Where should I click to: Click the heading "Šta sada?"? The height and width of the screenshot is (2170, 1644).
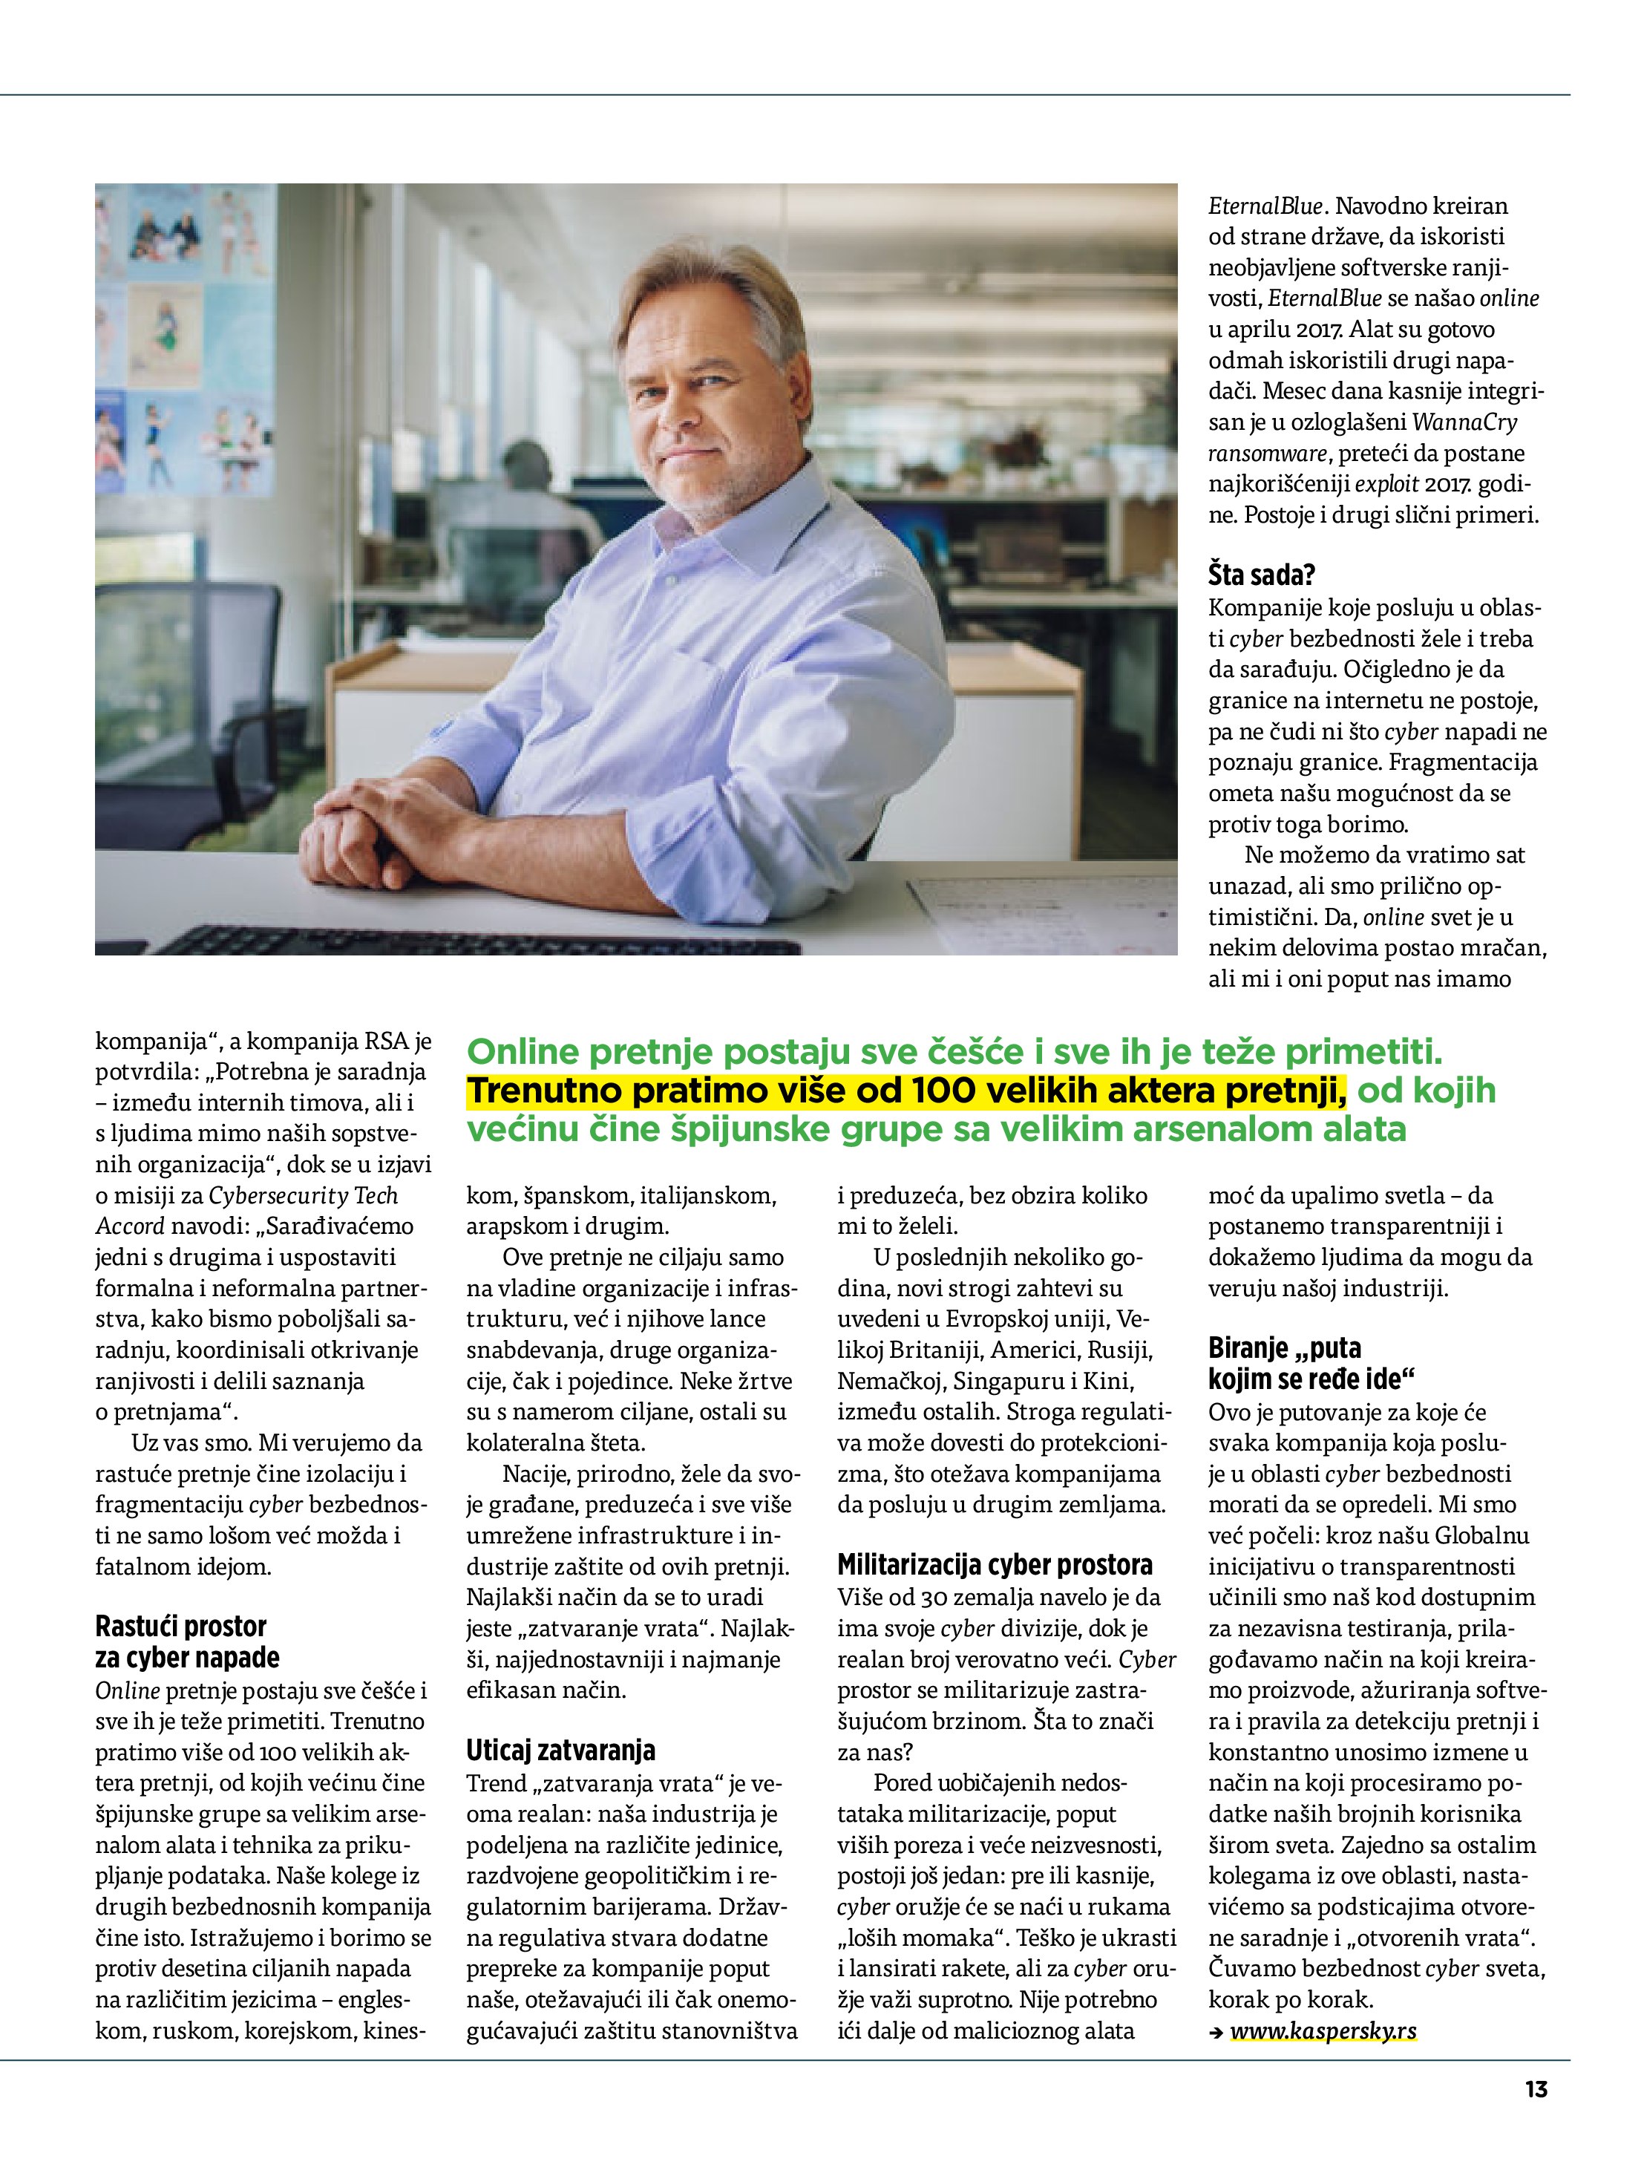click(1262, 574)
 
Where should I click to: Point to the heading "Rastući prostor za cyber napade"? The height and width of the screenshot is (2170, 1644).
click(187, 1642)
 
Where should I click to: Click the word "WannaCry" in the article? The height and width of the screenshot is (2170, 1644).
click(1464, 423)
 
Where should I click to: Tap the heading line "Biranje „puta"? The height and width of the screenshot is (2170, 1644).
click(1285, 1348)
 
